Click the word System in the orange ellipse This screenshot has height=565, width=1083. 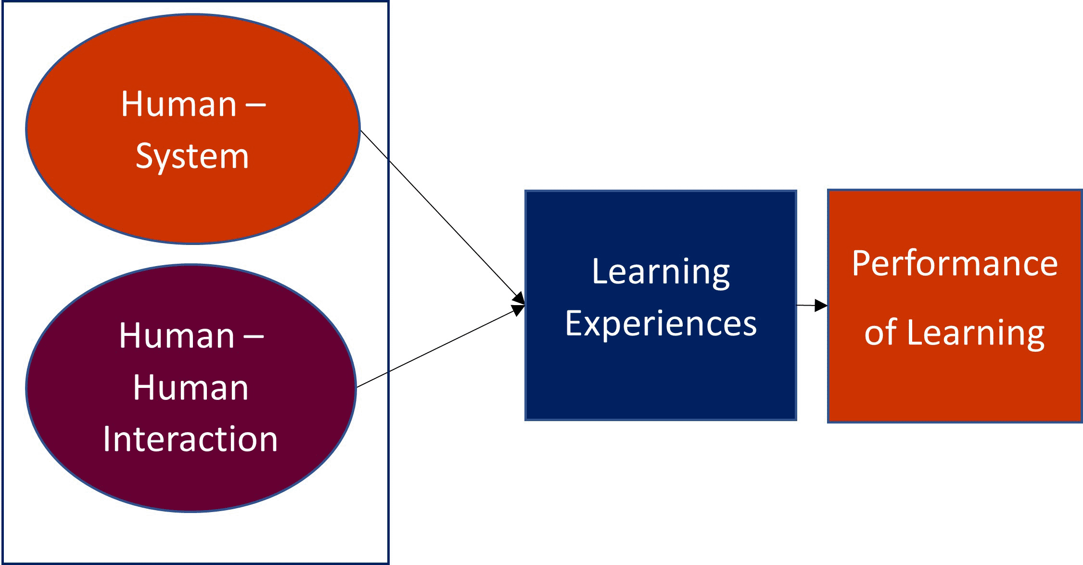(x=192, y=156)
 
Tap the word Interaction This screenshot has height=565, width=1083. (x=191, y=439)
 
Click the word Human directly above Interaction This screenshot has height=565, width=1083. (x=191, y=387)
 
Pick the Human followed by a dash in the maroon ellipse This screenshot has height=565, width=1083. (x=177, y=335)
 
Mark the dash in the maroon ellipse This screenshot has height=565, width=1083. (x=254, y=335)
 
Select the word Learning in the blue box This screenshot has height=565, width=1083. (x=661, y=272)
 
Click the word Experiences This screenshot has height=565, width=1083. (x=661, y=323)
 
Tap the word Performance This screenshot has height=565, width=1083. (x=955, y=264)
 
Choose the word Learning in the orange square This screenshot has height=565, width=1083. (x=976, y=333)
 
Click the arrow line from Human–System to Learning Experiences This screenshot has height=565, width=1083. (x=443, y=217)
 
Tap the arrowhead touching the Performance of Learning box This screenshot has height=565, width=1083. (x=821, y=305)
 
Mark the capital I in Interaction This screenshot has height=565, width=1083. (x=107, y=439)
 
